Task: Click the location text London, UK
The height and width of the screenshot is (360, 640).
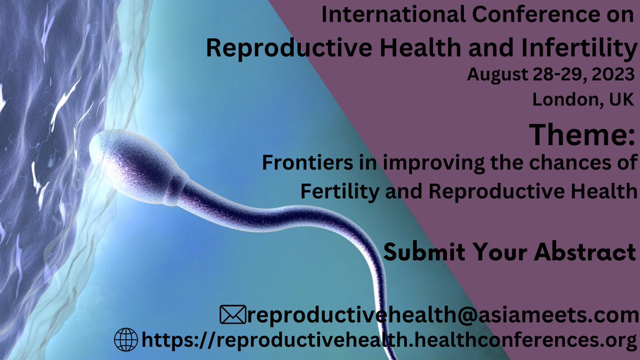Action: (x=583, y=99)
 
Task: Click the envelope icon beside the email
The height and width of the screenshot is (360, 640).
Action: (x=233, y=315)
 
